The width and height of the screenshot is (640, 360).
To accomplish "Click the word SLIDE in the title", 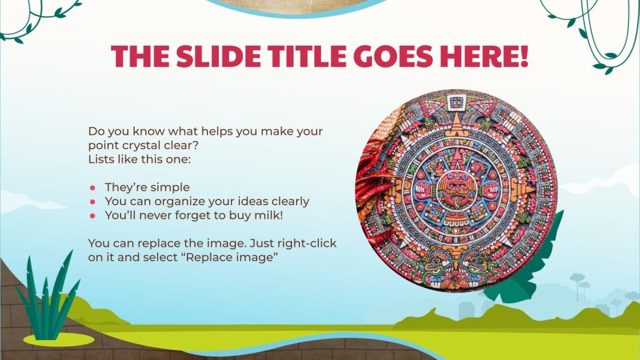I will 219,56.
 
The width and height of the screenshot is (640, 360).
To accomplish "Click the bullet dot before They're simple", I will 92,187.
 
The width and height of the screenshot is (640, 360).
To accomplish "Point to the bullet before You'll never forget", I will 92,216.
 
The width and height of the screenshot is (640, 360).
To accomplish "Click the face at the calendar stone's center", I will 456,190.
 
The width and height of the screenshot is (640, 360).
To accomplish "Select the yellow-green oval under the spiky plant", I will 58,340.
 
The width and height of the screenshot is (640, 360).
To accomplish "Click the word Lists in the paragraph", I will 101,159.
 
